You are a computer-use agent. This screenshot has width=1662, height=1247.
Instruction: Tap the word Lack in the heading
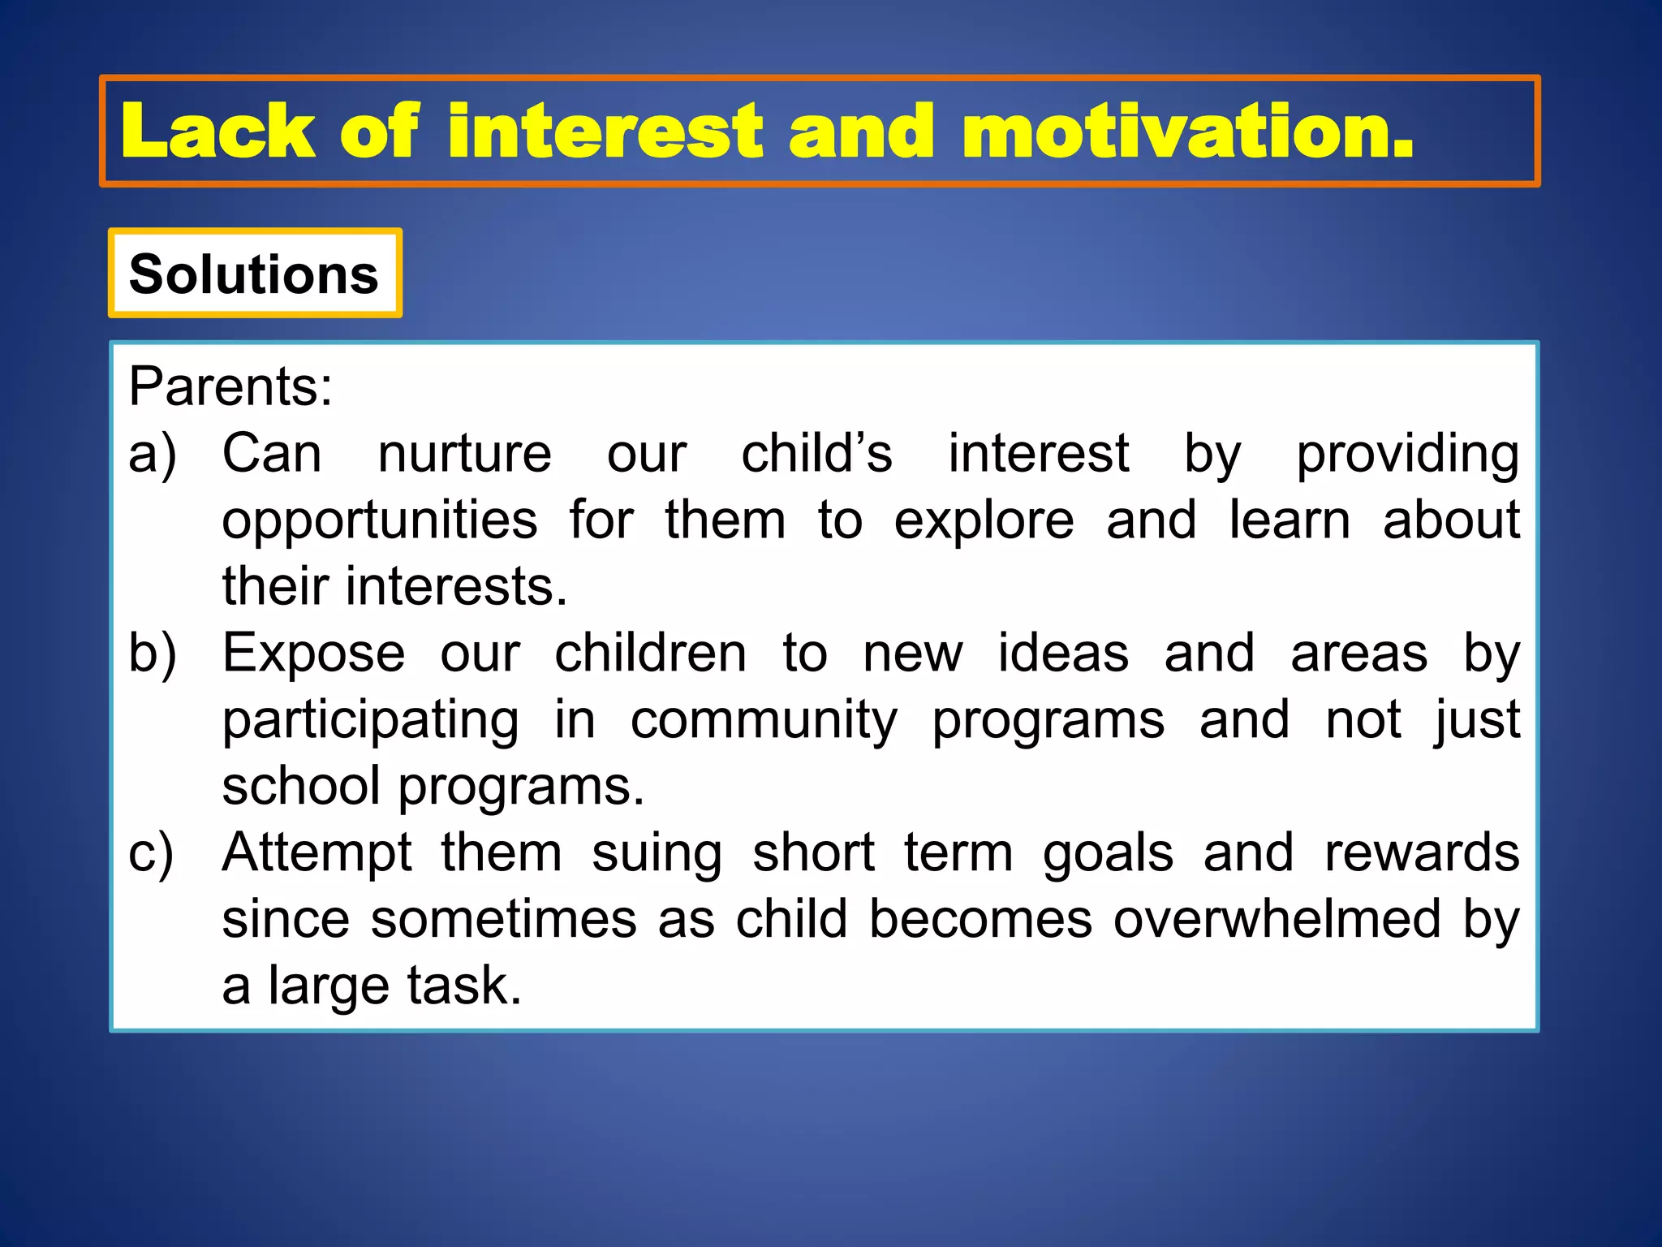217,132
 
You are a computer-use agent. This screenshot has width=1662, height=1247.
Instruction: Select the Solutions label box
255,274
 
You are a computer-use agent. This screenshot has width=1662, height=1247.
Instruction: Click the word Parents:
230,386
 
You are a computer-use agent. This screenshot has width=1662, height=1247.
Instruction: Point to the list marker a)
152,453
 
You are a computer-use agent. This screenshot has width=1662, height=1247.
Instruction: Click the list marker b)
152,653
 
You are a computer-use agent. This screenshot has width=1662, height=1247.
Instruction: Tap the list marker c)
151,853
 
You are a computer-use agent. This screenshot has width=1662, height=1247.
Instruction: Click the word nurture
464,453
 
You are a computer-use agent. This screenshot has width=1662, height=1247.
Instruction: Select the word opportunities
379,521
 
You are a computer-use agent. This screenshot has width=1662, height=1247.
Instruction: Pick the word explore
984,521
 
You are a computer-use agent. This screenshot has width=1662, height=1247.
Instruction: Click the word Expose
313,653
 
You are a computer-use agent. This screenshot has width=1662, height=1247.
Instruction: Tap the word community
764,721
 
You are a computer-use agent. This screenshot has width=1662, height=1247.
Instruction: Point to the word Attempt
316,853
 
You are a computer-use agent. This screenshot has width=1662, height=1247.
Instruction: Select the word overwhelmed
1277,919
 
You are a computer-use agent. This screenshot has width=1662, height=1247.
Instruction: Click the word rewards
1422,853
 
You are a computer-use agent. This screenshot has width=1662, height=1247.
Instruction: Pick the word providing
1407,455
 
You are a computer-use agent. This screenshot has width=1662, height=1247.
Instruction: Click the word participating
370,721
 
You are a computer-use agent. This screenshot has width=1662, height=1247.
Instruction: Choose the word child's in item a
816,453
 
